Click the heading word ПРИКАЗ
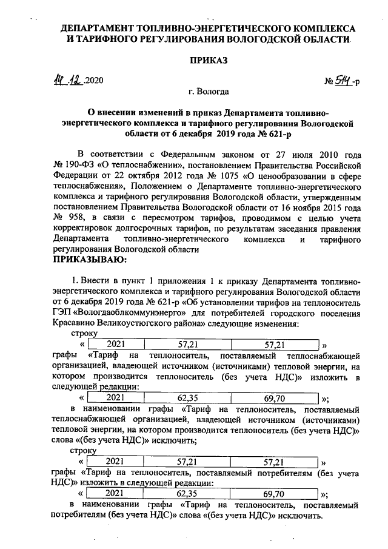209,61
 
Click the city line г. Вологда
209,92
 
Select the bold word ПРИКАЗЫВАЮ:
90,260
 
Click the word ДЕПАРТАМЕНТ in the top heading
103,28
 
